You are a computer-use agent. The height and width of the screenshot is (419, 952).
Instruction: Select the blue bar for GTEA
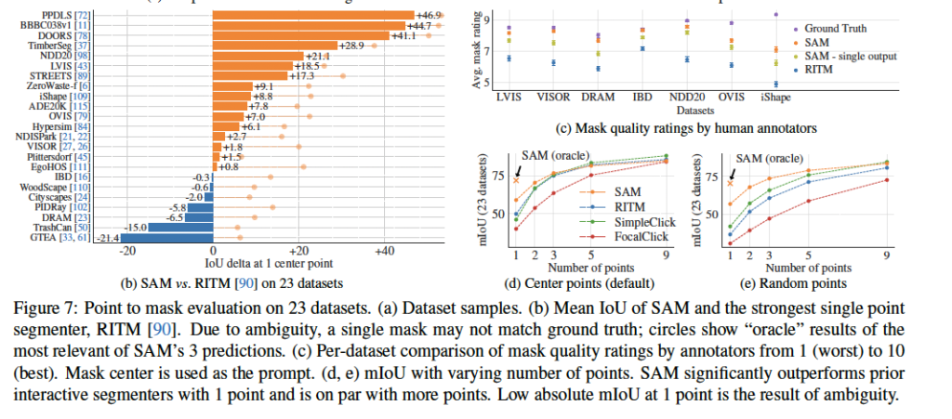pyautogui.click(x=168, y=239)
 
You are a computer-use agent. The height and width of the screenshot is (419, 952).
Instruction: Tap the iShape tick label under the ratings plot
pyautogui.click(x=775, y=96)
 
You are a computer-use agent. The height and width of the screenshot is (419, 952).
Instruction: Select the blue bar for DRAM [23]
pyautogui.click(x=198, y=215)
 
